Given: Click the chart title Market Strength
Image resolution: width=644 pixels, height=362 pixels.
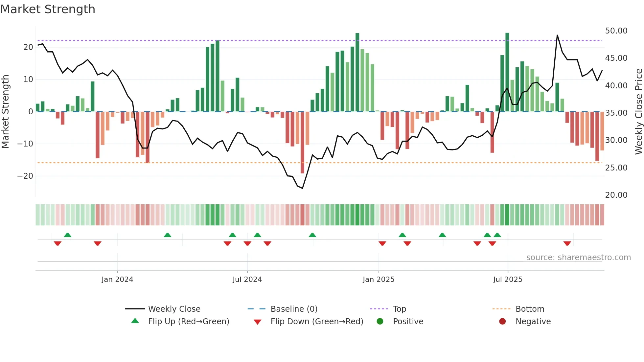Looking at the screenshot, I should tap(48, 9).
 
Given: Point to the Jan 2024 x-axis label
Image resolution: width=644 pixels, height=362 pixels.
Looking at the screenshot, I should tap(117, 280).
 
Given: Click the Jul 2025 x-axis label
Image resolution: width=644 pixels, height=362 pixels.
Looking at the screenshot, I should tap(508, 280).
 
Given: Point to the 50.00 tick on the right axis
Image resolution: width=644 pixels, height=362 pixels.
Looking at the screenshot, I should tap(616, 31).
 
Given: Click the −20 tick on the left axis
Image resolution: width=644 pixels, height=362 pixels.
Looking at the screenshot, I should tap(25, 176).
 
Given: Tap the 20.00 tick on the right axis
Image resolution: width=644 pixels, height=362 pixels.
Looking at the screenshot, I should tap(616, 195).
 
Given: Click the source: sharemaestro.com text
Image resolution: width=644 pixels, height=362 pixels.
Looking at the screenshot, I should tap(578, 258).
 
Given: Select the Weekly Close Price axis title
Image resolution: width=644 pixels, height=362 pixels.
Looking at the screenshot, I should tap(638, 112).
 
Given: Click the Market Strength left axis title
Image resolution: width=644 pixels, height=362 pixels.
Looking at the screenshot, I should tap(6, 112).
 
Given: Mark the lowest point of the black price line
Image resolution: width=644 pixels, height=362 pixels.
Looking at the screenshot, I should tap(302, 188).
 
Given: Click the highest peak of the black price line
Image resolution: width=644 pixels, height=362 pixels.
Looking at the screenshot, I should tap(557, 35).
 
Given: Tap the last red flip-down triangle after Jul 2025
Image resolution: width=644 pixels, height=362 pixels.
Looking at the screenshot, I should tap(567, 243).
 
